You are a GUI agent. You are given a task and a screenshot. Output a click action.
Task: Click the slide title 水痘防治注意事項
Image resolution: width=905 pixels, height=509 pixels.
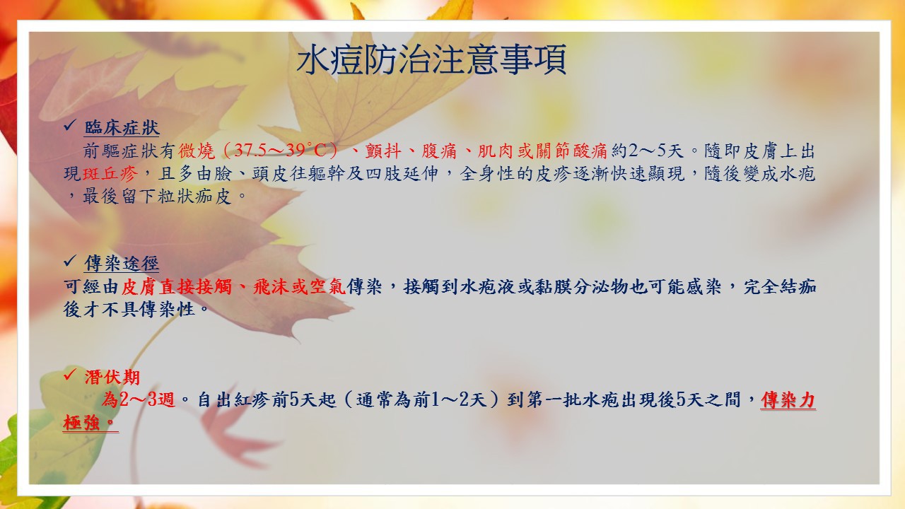(x=431, y=60)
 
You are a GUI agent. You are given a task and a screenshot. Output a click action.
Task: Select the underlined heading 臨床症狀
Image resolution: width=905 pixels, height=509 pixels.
(x=122, y=128)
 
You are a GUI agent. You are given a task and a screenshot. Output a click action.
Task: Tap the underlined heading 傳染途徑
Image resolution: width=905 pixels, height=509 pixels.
(x=122, y=264)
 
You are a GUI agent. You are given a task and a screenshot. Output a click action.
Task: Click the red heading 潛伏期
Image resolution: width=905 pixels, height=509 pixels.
(x=112, y=378)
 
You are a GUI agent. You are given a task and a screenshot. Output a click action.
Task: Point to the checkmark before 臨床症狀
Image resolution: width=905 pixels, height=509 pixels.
(x=69, y=125)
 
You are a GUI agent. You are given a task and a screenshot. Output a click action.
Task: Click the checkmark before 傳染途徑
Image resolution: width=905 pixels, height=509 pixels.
(x=69, y=261)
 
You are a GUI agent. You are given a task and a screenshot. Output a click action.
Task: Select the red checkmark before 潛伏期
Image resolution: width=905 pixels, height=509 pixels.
(x=69, y=375)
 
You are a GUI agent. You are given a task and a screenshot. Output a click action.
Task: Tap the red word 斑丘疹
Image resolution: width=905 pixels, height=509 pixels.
(x=110, y=174)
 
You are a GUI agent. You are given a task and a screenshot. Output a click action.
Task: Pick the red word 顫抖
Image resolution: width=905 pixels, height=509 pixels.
(x=383, y=151)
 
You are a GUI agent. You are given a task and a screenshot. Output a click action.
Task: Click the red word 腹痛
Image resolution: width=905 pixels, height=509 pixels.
(x=439, y=151)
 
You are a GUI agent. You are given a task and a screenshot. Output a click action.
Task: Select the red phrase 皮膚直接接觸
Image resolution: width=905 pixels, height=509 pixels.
(x=177, y=287)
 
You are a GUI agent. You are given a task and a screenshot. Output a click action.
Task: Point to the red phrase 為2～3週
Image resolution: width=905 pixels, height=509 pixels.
(x=138, y=400)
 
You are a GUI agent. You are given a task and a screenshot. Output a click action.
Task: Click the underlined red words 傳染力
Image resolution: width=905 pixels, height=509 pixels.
(x=788, y=400)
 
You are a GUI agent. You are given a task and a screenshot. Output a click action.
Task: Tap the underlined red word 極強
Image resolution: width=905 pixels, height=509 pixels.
(x=81, y=423)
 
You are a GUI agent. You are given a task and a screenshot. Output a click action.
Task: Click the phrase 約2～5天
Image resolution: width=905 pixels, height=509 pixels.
(x=647, y=151)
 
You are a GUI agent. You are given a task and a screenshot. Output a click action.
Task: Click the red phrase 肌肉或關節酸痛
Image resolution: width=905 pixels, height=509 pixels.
(x=542, y=151)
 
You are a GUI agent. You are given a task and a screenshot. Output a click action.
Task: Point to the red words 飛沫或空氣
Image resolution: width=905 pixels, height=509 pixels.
(x=299, y=287)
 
